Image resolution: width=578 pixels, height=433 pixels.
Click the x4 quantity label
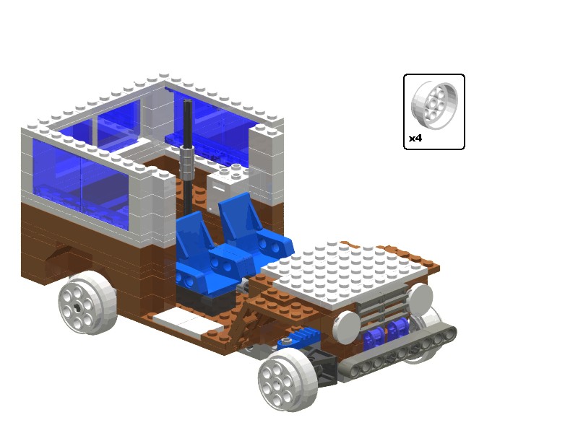coord(415,139)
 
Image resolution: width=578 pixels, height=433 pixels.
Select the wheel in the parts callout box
coord(434,105)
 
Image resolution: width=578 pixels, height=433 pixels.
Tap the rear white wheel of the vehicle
coord(87,302)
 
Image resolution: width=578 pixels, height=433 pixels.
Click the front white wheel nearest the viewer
coord(288,380)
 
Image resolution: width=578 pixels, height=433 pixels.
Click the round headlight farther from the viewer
coord(420,299)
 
